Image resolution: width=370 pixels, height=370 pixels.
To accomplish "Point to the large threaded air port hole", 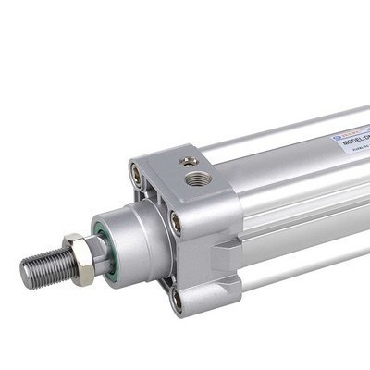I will click(x=195, y=176).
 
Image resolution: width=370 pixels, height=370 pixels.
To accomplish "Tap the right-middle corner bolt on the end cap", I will click(x=175, y=221).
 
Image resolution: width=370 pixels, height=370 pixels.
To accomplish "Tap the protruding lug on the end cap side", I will click(x=225, y=251).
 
